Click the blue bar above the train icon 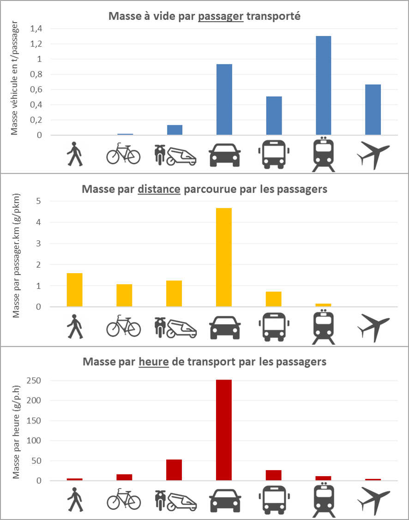[x=323, y=85]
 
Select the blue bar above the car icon [x=224, y=99]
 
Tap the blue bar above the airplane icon [x=373, y=110]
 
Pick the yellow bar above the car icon [x=224, y=257]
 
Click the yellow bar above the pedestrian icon [x=74, y=290]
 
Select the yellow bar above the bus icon [x=274, y=299]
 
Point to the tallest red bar [x=224, y=430]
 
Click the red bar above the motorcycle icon [x=174, y=470]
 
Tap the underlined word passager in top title [x=221, y=16]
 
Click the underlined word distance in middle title [x=159, y=189]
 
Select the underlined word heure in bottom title [x=154, y=361]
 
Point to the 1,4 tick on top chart [x=36, y=29]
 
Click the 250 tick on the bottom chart [x=34, y=380]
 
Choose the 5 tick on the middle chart [x=39, y=201]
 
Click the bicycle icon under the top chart [x=124, y=153]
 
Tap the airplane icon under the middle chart [x=373, y=328]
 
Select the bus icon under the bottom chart [x=274, y=500]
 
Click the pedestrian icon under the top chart [x=75, y=154]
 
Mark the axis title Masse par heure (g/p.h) [x=16, y=432]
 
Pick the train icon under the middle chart [x=324, y=327]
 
